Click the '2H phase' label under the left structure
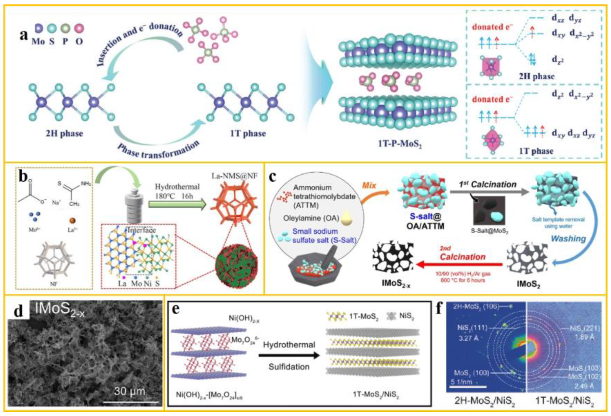64,134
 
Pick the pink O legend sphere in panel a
79,29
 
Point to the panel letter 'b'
23,177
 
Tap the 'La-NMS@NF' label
234,176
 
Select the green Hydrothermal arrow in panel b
177,204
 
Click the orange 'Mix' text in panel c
369,186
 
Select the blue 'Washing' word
568,238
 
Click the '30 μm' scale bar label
129,391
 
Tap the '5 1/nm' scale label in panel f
461,382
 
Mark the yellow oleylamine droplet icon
347,218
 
